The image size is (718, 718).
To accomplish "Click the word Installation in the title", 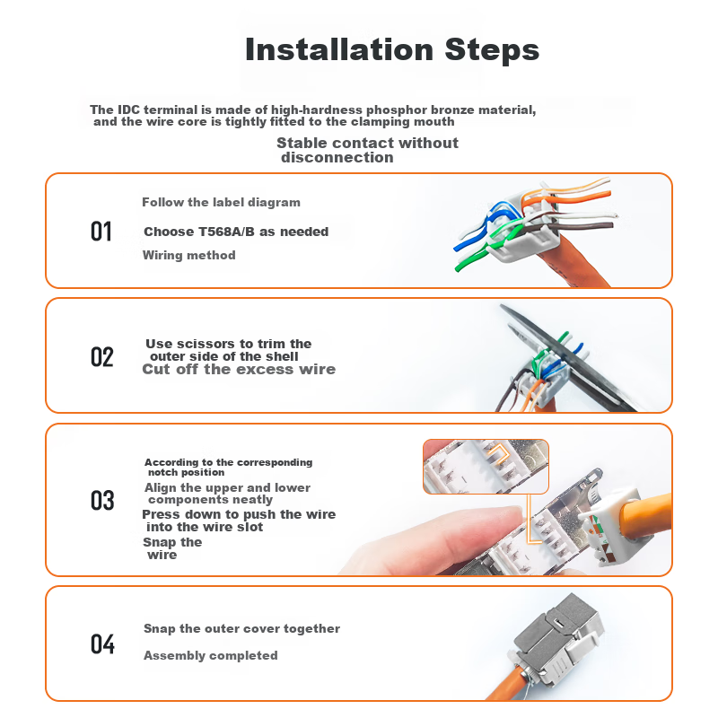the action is click(x=339, y=49).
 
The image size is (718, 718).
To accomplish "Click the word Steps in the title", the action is click(x=492, y=49).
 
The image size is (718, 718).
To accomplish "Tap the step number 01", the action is click(x=101, y=232).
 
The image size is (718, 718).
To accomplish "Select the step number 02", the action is click(x=101, y=356).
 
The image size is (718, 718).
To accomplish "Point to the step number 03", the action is click(x=102, y=500).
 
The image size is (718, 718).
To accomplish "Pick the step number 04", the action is click(x=102, y=644).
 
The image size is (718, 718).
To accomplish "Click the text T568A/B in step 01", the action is click(x=226, y=232).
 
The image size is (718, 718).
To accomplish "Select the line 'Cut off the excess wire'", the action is click(x=239, y=369).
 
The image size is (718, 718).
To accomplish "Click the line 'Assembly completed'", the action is click(x=211, y=656).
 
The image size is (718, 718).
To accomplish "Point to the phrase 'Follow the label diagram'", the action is click(x=221, y=203).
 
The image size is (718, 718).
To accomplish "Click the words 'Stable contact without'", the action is click(x=367, y=143).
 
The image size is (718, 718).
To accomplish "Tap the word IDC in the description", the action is click(x=128, y=109).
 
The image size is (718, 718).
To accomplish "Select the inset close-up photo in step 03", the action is click(x=486, y=467).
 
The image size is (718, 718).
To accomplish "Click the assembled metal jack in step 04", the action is click(x=556, y=639).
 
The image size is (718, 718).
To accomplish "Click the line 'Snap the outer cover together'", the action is click(x=241, y=629).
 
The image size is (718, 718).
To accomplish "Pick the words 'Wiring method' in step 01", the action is click(x=189, y=255).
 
